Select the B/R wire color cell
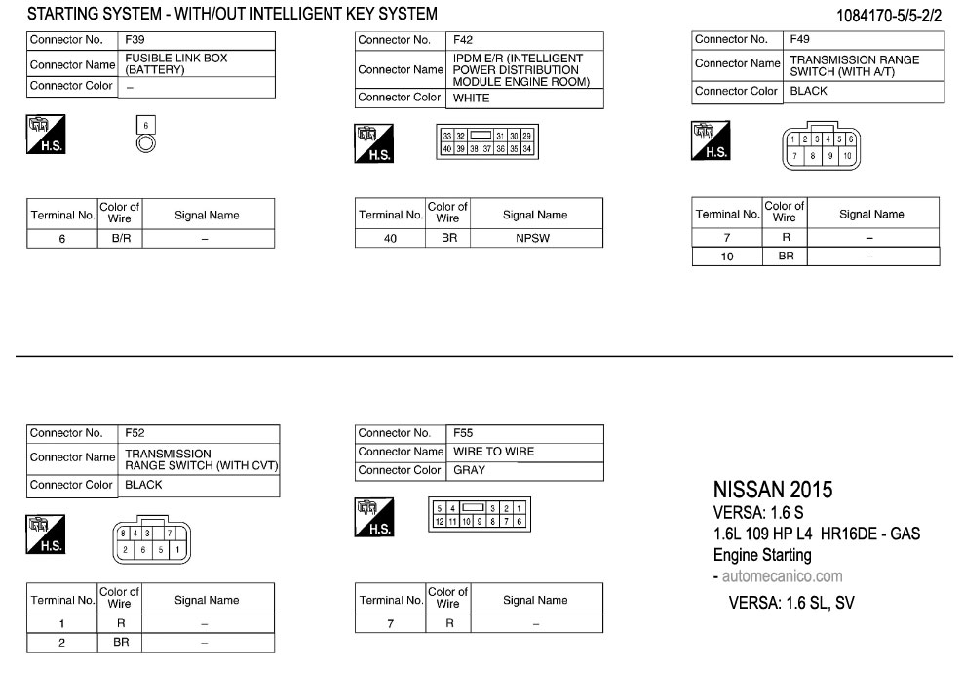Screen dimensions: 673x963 (119, 238)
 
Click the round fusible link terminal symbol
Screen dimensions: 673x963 (145, 142)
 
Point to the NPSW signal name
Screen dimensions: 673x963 (535, 238)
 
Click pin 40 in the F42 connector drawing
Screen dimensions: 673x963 (447, 149)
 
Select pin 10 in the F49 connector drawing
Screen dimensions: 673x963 (847, 156)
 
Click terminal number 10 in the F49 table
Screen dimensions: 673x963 (726, 257)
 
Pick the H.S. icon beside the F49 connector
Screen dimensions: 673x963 (711, 140)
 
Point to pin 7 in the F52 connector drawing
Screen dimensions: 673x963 (170, 534)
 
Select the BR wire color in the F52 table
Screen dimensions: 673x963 (119, 643)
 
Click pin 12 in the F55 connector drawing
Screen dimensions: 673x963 (440, 522)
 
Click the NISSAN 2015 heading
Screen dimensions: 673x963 (773, 489)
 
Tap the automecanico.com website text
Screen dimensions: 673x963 (781, 576)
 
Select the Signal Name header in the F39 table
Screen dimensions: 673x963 (207, 215)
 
